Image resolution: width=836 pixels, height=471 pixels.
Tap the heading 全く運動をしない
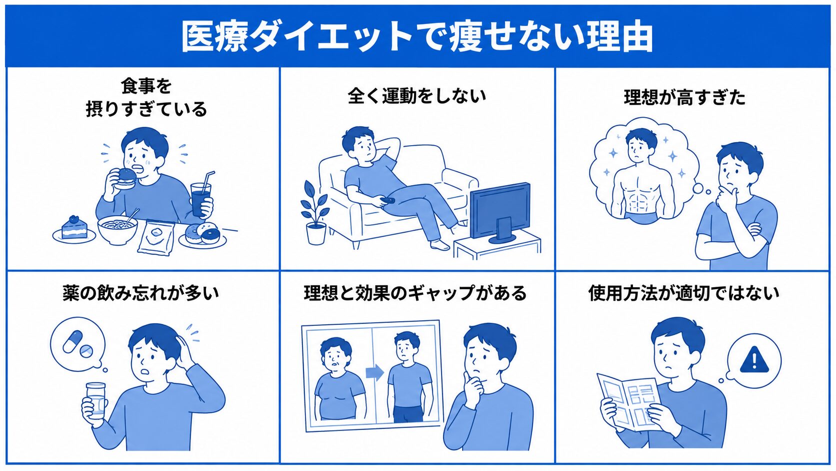[417, 96]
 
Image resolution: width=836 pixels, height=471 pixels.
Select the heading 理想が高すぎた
[684, 98]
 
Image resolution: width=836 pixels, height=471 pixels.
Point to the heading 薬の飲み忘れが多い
[140, 293]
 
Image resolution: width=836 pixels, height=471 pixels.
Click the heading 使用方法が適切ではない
[683, 293]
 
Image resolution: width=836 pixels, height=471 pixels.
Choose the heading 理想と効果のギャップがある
[415, 293]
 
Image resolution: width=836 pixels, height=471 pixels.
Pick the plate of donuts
[202, 235]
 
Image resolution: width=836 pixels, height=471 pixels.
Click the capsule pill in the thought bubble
[72, 341]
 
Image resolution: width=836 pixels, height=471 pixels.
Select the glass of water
[96, 399]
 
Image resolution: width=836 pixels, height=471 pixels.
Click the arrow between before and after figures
[374, 372]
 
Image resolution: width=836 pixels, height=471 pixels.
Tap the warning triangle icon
[754, 360]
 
